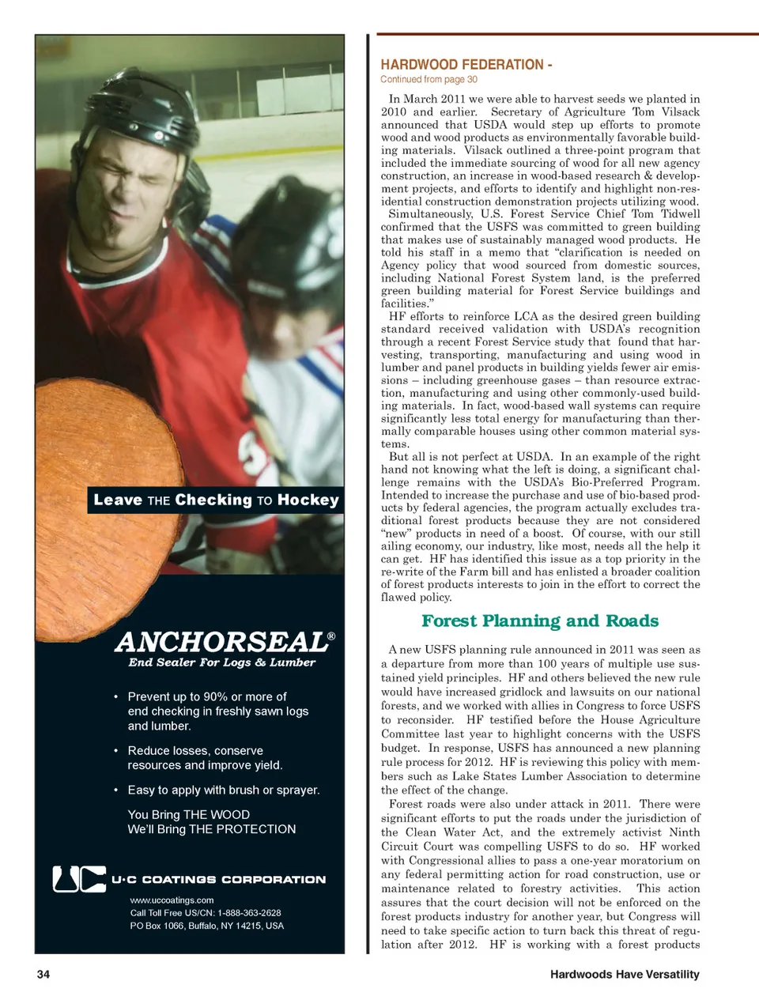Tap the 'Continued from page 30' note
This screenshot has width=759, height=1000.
point(429,79)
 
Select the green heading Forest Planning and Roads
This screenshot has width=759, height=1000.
point(539,621)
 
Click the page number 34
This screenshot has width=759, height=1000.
point(43,974)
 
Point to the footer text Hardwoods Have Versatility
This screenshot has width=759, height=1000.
point(625,974)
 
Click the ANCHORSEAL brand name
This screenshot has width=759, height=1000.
point(221,642)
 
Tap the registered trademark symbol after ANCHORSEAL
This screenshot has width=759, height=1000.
point(331,636)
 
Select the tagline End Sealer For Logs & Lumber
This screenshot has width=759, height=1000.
point(222,662)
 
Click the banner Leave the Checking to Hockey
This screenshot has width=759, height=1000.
point(216,500)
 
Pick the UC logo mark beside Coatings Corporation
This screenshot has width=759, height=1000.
point(78,878)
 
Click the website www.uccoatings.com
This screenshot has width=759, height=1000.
point(172,900)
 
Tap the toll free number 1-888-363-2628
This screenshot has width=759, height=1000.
point(249,912)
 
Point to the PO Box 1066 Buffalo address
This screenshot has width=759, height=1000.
point(206,926)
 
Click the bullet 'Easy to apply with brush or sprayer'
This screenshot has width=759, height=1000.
point(223,790)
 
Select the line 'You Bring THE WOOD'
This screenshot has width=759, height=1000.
point(188,814)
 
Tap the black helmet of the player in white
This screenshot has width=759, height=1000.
point(293,261)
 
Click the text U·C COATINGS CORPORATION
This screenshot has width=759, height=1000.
point(218,879)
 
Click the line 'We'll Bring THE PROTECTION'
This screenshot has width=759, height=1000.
point(211,829)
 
